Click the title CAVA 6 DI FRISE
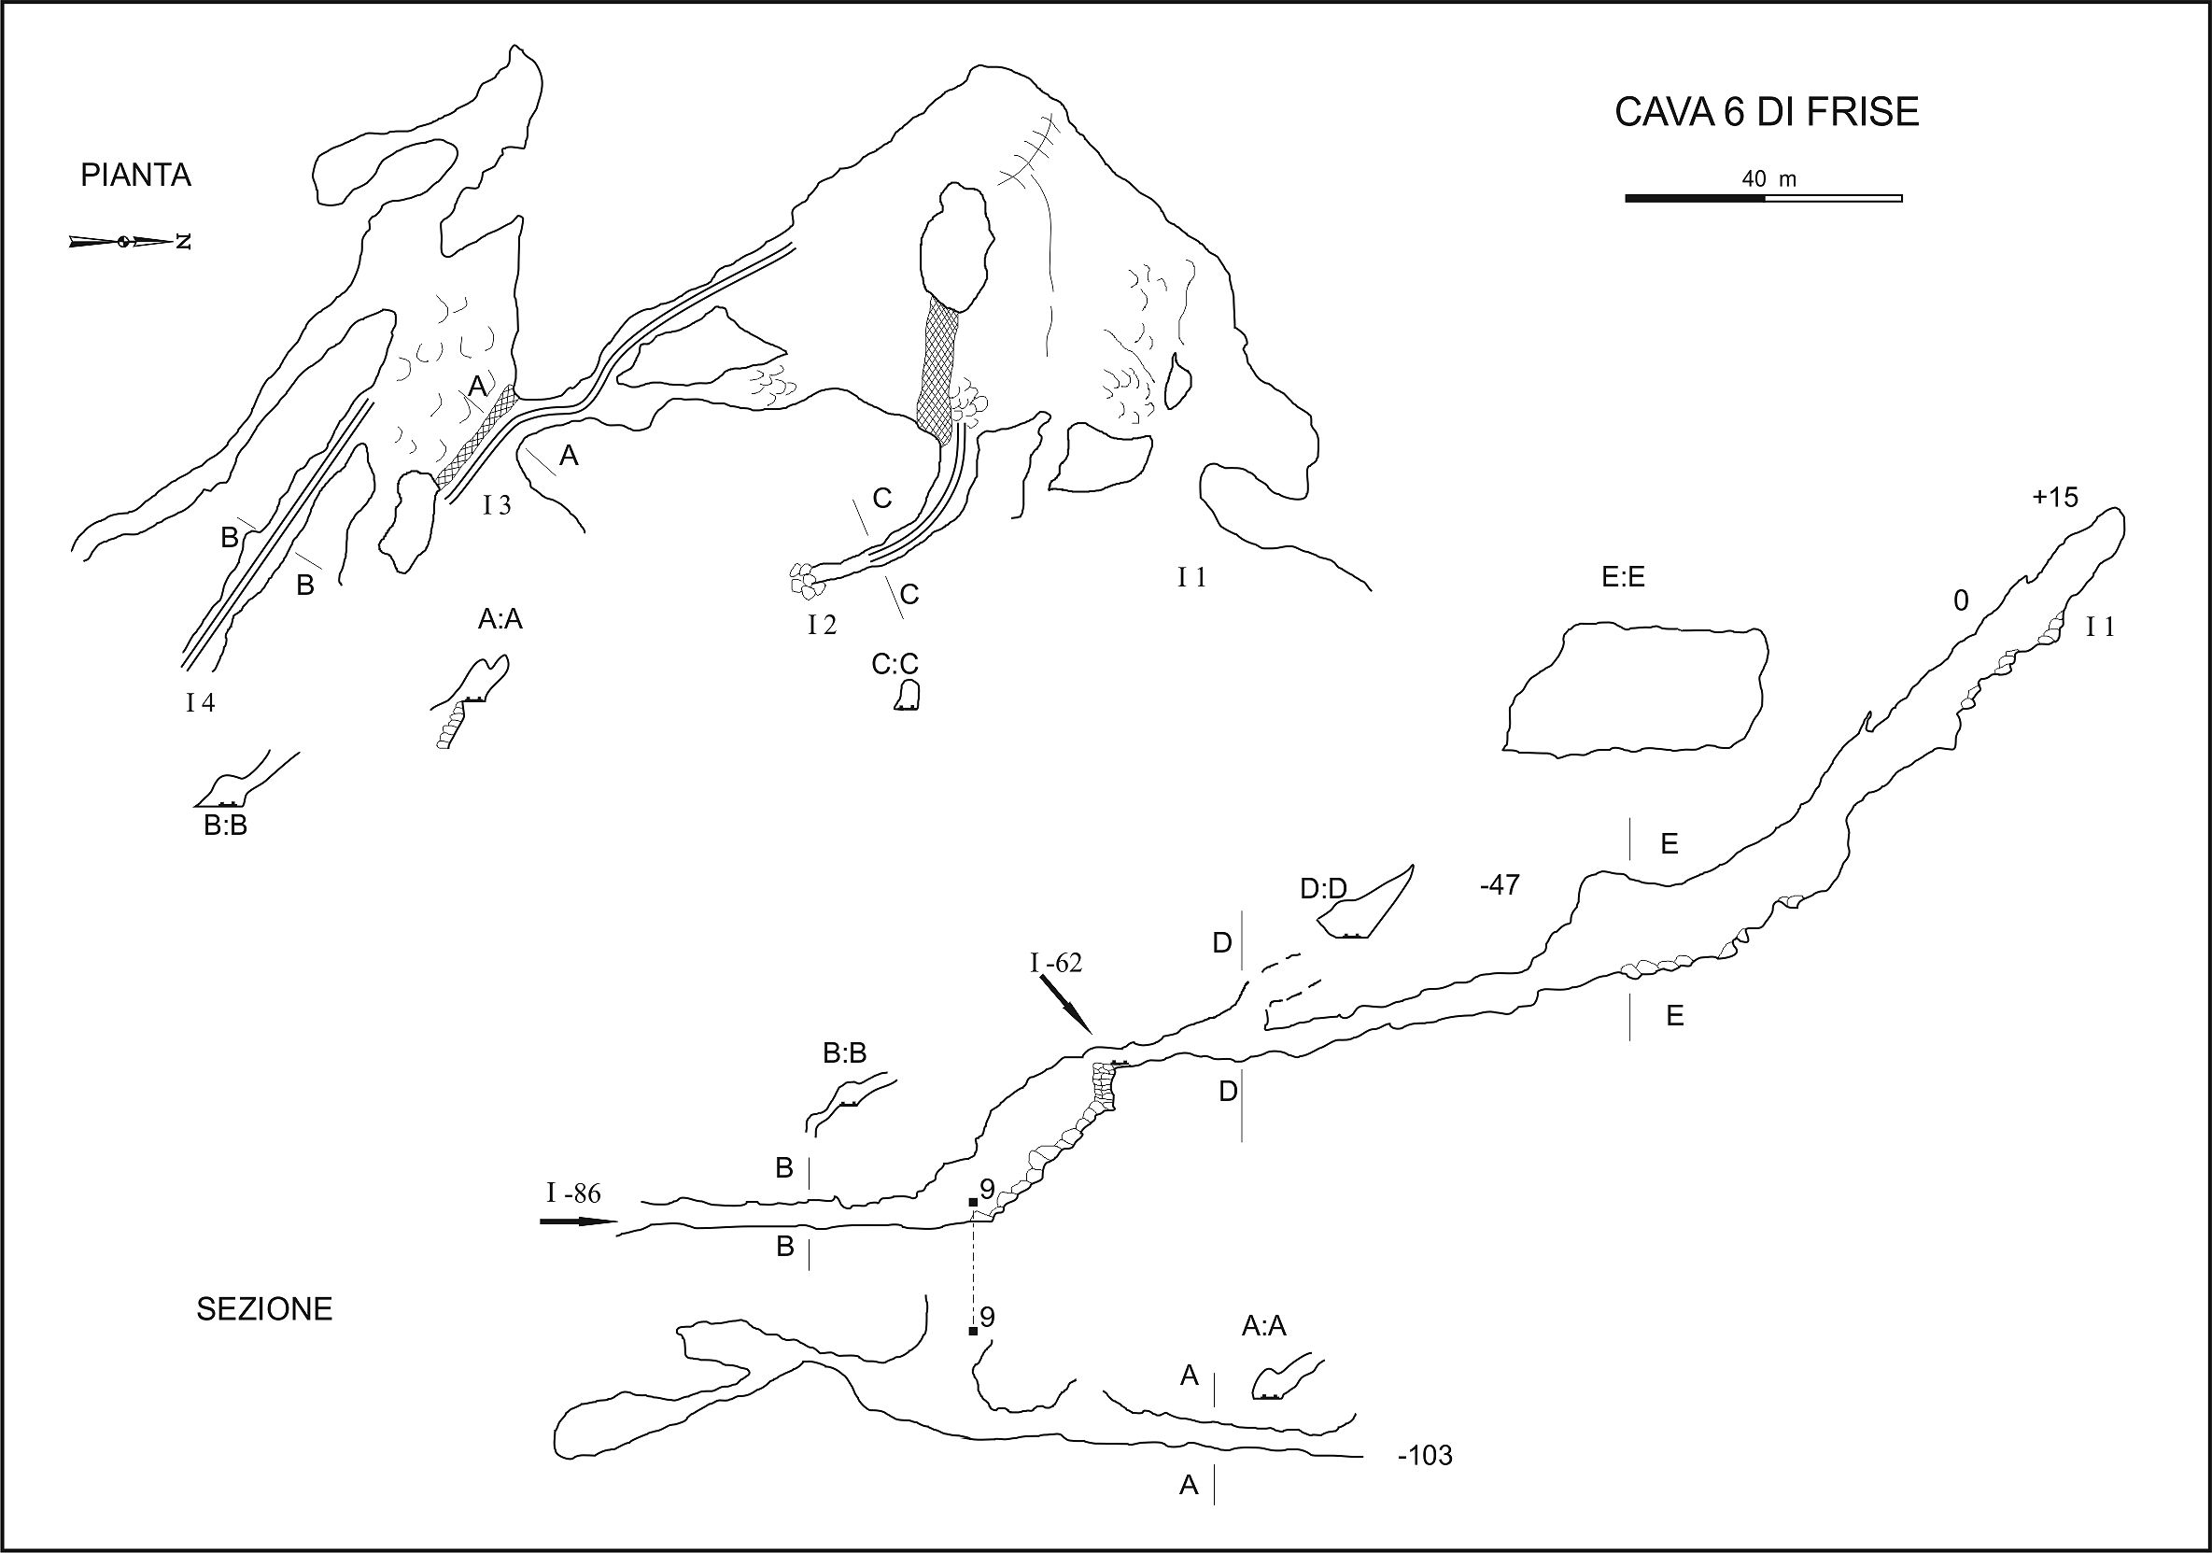[x=1767, y=113]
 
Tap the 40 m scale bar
[x=1763, y=197]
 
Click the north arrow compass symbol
[x=129, y=241]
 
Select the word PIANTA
[x=135, y=176]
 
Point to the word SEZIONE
[x=264, y=1309]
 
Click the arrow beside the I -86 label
[x=578, y=1221]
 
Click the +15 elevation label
[x=2055, y=497]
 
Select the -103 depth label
[x=1424, y=1456]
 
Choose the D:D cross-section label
[x=1323, y=889]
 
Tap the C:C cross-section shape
[x=906, y=696]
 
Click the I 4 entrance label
[x=201, y=702]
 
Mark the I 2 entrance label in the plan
[x=822, y=626]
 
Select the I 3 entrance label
[x=496, y=505]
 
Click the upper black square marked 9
[x=973, y=1202]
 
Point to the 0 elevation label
[x=1961, y=601]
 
